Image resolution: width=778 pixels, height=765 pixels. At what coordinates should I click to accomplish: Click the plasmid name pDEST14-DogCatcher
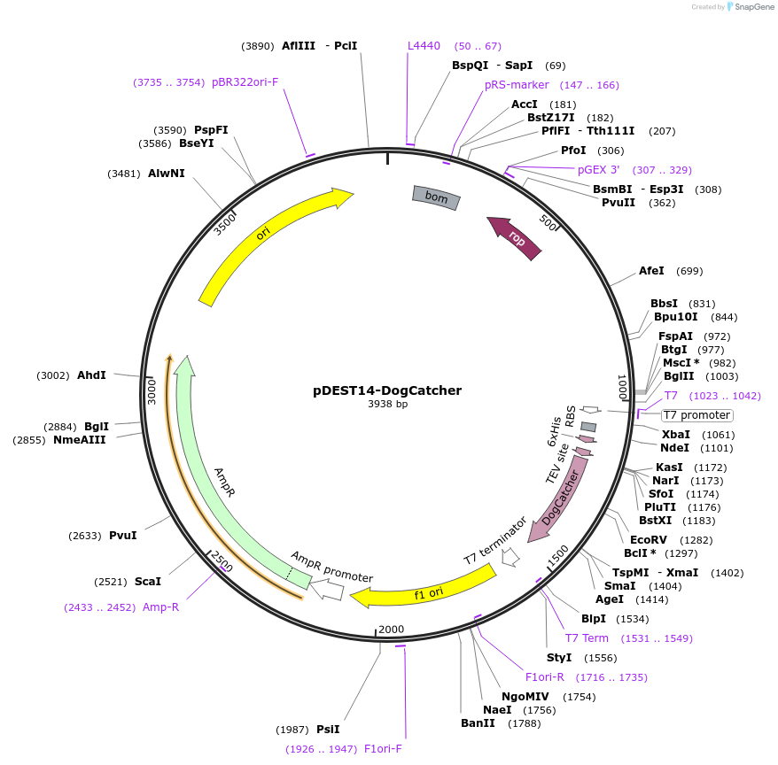(x=387, y=390)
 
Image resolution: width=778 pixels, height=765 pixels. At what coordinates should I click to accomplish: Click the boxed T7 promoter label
(x=697, y=415)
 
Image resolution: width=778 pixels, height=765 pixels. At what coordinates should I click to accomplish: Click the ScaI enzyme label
(x=148, y=582)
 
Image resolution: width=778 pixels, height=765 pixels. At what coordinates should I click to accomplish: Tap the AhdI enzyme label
(x=91, y=375)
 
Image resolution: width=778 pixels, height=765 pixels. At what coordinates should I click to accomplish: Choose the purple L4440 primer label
(x=424, y=46)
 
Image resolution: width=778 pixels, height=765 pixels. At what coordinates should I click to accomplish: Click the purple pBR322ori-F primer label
(x=245, y=82)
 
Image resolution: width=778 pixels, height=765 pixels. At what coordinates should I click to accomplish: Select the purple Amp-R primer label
(x=160, y=607)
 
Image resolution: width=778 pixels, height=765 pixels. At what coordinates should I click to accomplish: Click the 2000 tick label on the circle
(x=392, y=630)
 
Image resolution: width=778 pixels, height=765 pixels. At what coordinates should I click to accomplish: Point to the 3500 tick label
(x=225, y=222)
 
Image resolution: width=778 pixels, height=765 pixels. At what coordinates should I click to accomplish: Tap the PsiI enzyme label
(x=328, y=730)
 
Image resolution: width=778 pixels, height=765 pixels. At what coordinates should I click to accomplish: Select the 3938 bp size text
(x=387, y=405)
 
